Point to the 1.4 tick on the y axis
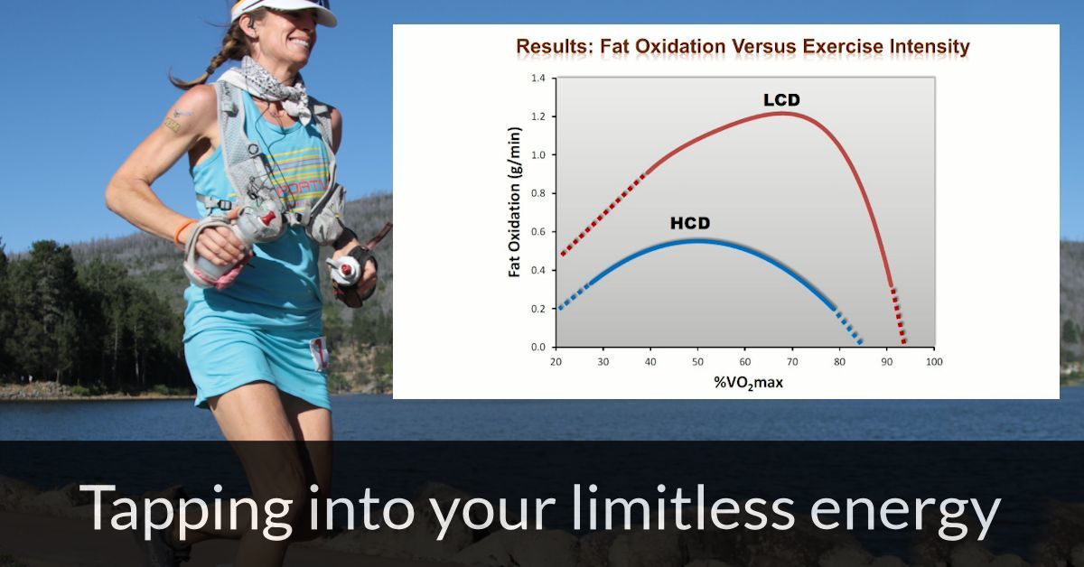click(537, 79)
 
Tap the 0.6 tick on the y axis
click(537, 232)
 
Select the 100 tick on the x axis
click(933, 361)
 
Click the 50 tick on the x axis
click(696, 361)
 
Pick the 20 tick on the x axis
click(556, 361)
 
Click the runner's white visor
click(287, 10)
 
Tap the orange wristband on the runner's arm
click(184, 231)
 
